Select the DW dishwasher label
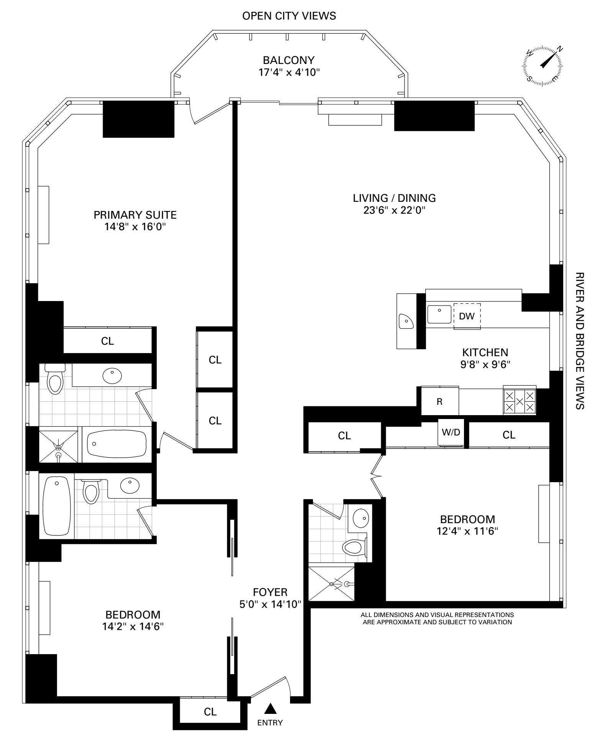467,316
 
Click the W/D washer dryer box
451,433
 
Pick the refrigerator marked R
439,401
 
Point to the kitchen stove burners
520,401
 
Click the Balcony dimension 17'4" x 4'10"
288,72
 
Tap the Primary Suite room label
135,215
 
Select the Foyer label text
270,592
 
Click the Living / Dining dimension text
394,210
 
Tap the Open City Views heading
289,16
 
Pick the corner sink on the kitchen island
405,321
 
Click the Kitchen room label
485,352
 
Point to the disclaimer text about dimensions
437,619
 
